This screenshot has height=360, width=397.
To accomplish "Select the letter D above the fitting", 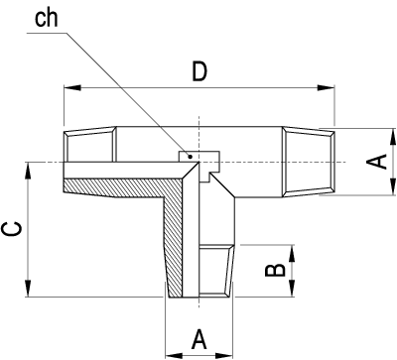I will (200, 71).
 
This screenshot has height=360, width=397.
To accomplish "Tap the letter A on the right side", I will (378, 162).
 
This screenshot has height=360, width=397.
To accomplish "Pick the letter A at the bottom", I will (198, 339).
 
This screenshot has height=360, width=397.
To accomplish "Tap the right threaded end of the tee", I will (308, 161).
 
